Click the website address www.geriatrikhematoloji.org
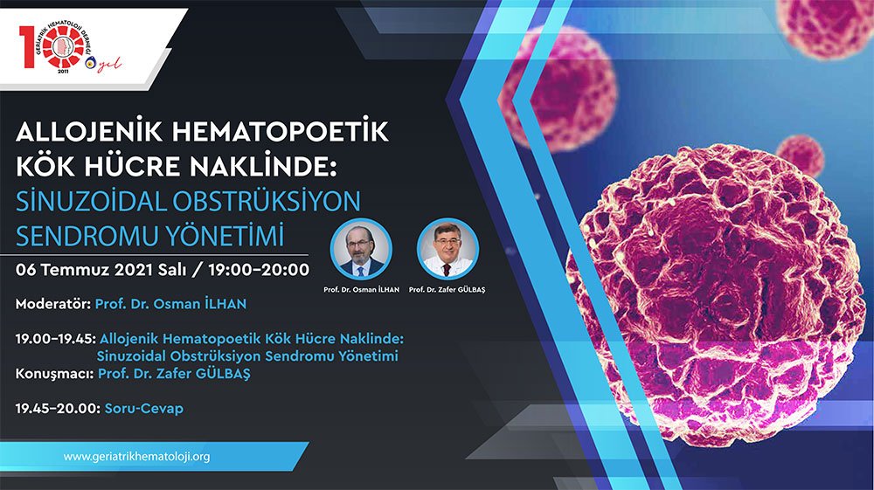(x=136, y=457)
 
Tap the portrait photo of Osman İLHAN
(x=361, y=249)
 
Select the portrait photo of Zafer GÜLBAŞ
(x=447, y=249)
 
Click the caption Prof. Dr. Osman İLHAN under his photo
(x=361, y=290)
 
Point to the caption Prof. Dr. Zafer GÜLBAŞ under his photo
(x=447, y=290)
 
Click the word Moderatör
(x=53, y=304)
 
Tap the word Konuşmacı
(x=54, y=374)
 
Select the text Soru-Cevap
(x=144, y=408)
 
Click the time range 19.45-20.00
(x=58, y=408)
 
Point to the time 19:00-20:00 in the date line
(x=259, y=270)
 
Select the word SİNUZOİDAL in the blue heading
(x=91, y=201)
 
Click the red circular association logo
(x=63, y=48)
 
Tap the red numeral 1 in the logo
(x=26, y=48)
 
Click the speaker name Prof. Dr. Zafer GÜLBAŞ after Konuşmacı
(x=174, y=374)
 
